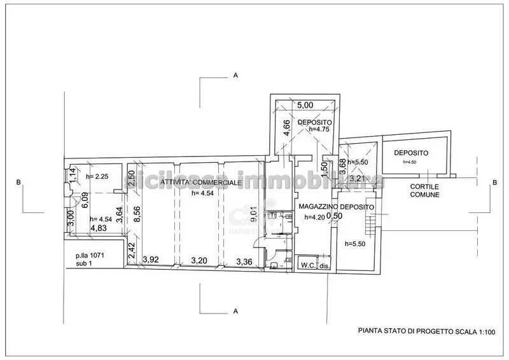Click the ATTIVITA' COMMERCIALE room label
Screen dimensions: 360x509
pos(200,183)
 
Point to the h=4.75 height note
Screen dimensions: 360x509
pos(321,129)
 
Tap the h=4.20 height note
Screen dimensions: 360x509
pos(315,217)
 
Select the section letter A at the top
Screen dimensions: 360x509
pos(235,76)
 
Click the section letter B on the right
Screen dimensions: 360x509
pos(494,183)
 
